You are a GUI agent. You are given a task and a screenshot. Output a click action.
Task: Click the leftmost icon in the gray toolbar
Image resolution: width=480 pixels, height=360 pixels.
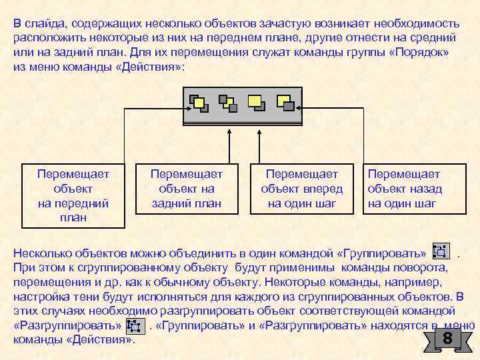pos(198,103)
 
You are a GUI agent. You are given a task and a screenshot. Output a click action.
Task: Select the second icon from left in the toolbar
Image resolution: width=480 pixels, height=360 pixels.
pos(227,103)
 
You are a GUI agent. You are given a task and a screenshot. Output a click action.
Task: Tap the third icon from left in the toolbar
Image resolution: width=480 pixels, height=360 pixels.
pos(256,103)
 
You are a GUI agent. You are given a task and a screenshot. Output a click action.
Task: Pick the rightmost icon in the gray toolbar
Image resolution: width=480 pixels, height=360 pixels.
pos(285,103)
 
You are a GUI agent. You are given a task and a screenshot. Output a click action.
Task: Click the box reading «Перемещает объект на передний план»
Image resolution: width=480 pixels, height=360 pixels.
pos(73,195)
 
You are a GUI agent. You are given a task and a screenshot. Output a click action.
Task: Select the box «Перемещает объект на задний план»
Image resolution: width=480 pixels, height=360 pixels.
pos(187,189)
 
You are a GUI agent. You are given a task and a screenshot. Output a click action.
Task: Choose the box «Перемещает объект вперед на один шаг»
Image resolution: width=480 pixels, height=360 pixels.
pos(302,189)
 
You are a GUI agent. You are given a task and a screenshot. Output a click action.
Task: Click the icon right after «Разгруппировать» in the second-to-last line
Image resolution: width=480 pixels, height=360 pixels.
pos(133,326)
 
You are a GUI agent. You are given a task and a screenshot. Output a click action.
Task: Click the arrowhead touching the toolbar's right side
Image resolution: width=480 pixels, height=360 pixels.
pos(305,107)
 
